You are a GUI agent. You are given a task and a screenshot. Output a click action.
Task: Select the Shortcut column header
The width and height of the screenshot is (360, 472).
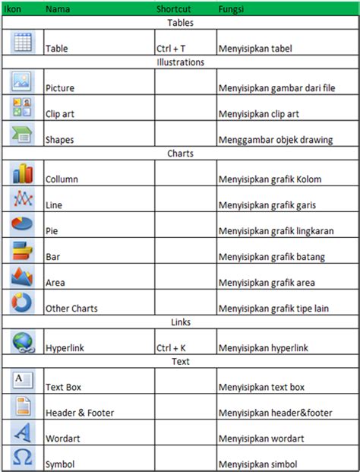pyautogui.click(x=173, y=9)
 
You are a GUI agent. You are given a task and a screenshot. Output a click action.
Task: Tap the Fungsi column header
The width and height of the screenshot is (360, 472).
pyautogui.click(x=231, y=9)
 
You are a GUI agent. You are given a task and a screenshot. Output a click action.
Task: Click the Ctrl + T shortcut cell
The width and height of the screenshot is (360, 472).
pyautogui.click(x=171, y=49)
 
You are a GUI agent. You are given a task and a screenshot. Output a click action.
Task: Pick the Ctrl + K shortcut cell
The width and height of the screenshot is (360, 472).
pyautogui.click(x=171, y=348)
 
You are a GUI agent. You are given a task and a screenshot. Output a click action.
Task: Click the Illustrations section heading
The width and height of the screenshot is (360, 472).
pyautogui.click(x=180, y=62)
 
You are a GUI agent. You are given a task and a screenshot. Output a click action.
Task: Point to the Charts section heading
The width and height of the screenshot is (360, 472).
pyautogui.click(x=180, y=154)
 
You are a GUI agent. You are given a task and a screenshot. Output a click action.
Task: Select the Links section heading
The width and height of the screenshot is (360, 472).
pyautogui.click(x=180, y=322)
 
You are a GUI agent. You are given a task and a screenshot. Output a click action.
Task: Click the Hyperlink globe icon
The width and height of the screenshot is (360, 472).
pyautogui.click(x=21, y=342)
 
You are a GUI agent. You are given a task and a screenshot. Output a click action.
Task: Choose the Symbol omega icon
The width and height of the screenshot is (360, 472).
pyautogui.click(x=22, y=458)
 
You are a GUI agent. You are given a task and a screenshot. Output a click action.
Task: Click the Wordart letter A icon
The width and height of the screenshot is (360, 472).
pyautogui.click(x=21, y=432)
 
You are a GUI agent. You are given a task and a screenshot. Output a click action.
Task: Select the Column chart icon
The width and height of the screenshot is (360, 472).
pyautogui.click(x=21, y=174)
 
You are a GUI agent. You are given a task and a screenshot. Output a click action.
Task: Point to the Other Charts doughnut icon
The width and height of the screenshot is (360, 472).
pyautogui.click(x=21, y=302)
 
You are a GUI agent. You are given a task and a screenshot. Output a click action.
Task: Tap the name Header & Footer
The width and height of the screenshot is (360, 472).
pyautogui.click(x=81, y=413)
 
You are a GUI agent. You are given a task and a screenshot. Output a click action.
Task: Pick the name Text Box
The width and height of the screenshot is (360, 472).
pyautogui.click(x=63, y=388)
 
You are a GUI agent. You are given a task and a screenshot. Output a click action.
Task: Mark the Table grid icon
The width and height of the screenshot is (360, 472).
pyautogui.click(x=21, y=42)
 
